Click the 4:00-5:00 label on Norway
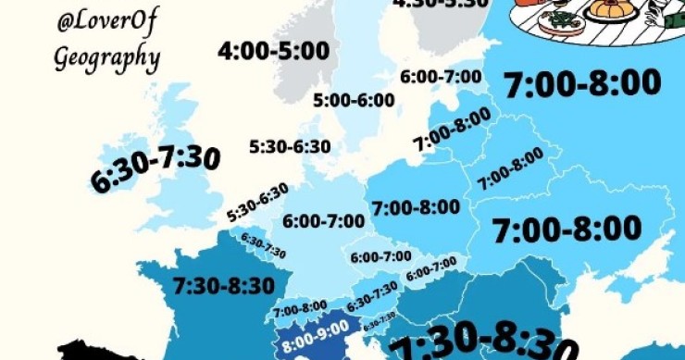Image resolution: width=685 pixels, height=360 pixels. click(273, 50)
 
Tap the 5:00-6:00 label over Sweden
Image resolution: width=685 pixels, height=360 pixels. click(353, 99)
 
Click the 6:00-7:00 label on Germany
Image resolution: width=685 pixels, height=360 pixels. click(324, 222)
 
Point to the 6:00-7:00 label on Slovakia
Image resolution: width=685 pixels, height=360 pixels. click(431, 268)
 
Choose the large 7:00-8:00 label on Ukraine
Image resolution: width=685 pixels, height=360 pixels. click(567, 228)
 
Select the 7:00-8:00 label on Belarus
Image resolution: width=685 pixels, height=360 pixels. click(510, 172)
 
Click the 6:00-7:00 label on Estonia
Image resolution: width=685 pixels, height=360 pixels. click(441, 77)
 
